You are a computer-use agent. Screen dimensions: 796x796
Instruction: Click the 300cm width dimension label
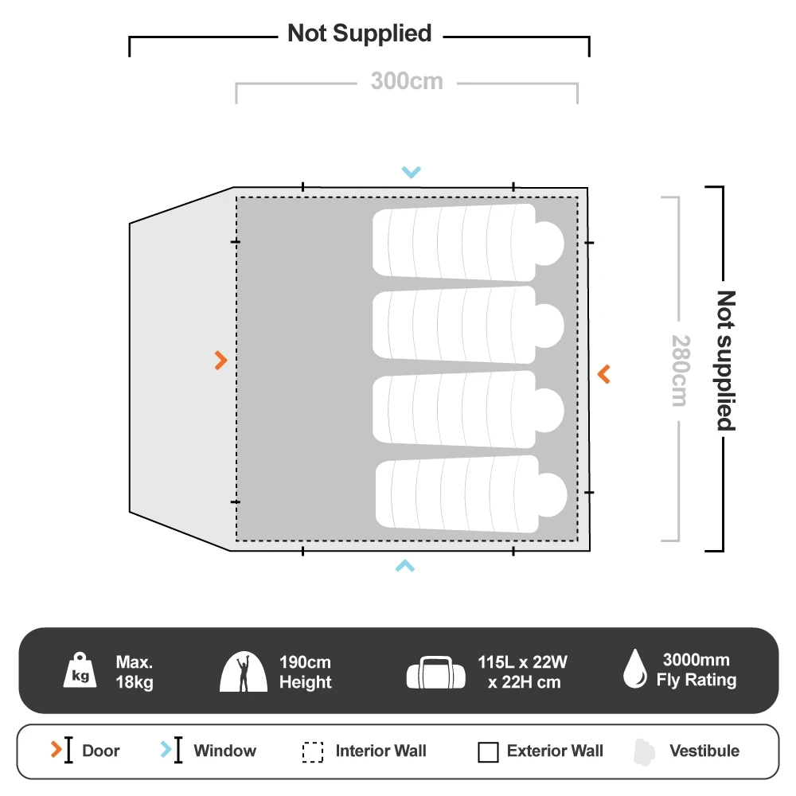click(406, 81)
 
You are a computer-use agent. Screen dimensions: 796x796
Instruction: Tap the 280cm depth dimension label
click(677, 369)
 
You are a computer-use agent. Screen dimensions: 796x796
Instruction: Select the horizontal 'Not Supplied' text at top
click(359, 33)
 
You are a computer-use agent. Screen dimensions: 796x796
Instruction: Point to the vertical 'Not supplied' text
click(726, 360)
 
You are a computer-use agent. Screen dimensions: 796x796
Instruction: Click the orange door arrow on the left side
click(221, 361)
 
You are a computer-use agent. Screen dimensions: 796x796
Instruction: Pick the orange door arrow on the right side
click(604, 373)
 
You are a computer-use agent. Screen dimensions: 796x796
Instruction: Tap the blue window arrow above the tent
click(411, 172)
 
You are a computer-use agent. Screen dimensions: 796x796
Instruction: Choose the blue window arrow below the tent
click(405, 566)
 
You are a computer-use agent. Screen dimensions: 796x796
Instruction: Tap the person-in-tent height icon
click(244, 672)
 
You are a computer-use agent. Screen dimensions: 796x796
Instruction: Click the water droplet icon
click(634, 669)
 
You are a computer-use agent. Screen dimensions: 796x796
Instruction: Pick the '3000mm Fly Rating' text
click(696, 670)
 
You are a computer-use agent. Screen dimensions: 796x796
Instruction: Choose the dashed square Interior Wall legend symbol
click(313, 752)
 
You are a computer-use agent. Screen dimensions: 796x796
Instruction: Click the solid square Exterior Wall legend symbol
click(488, 752)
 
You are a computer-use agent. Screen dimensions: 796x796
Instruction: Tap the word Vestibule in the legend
click(704, 751)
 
